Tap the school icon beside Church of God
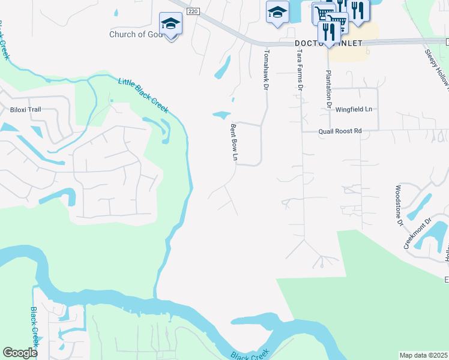tap(170, 24)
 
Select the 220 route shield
tap(191, 11)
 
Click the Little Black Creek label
tap(143, 95)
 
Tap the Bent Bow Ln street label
tap(235, 143)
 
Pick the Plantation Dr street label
tap(328, 88)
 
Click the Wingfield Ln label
tap(354, 109)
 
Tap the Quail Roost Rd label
tap(340, 130)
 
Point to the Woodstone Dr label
tap(398, 205)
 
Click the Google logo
tap(20, 353)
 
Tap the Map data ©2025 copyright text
tap(423, 355)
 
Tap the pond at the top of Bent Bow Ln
tap(221, 115)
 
